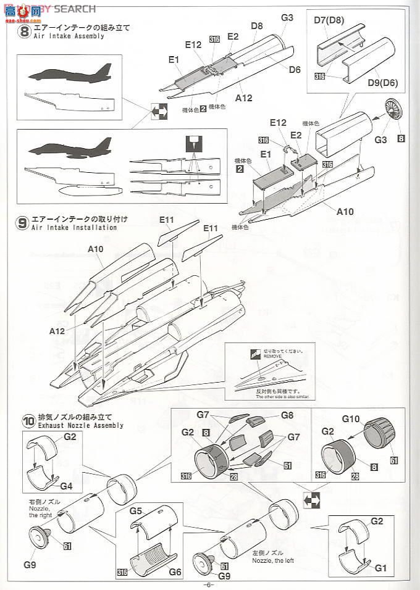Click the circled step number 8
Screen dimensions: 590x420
23,31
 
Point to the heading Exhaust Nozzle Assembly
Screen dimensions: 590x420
81,425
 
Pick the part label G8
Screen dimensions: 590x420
287,415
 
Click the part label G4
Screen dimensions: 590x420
66,486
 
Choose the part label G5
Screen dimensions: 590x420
136,510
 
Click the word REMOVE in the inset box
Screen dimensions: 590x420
272,356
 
